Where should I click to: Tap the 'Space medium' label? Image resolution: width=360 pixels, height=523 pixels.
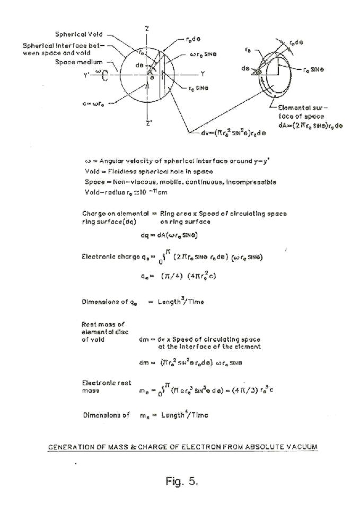pyautogui.click(x=78, y=62)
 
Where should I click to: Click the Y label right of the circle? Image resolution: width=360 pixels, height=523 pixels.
pyautogui.click(x=202, y=74)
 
